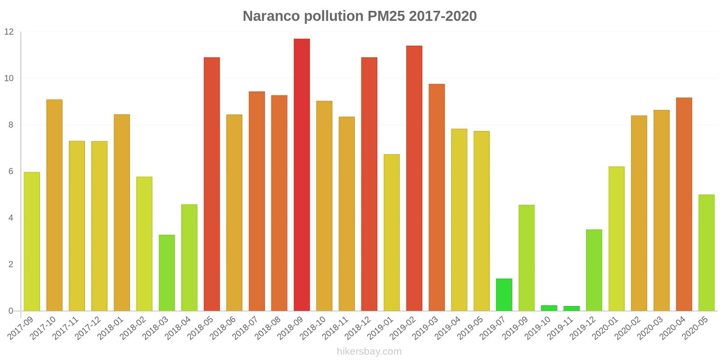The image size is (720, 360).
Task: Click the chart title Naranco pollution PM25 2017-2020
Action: (360, 16)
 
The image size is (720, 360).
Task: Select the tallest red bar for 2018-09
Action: (301, 175)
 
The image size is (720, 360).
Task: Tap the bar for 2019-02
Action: (414, 178)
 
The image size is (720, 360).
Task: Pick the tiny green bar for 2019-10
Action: (549, 308)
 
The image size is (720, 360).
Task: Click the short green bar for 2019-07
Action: (504, 295)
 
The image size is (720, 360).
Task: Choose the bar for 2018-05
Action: (212, 184)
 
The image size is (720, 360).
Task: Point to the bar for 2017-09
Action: (32, 241)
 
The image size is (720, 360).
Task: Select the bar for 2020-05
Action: (706, 252)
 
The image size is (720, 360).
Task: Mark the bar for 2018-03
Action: (167, 273)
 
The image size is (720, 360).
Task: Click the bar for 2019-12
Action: (594, 270)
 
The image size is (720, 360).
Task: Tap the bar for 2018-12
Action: (369, 184)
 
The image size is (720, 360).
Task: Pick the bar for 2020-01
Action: (616, 238)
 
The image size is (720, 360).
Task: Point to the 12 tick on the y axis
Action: (9, 32)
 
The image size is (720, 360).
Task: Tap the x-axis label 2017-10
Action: (44, 328)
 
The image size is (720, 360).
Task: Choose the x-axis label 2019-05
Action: (471, 328)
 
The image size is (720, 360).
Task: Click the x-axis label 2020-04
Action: (673, 328)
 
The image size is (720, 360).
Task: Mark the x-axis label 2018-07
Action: (246, 328)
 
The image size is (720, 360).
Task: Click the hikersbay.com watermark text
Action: (369, 351)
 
